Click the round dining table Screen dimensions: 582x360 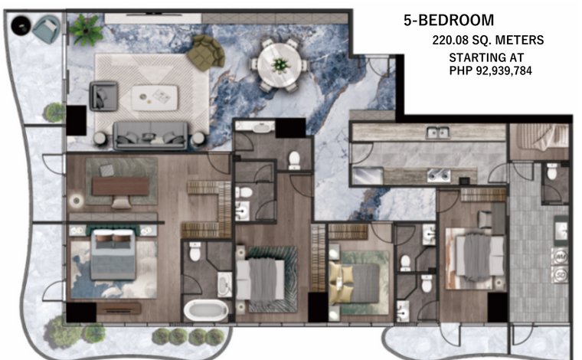pyautogui.click(x=280, y=65)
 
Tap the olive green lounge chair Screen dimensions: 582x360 pyautogui.click(x=205, y=53)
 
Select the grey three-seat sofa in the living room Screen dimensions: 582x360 pyautogui.click(x=150, y=135)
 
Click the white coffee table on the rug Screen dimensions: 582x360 pyautogui.click(x=155, y=98)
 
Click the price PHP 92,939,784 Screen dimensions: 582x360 pyautogui.click(x=490, y=70)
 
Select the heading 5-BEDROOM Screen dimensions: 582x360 pyautogui.click(x=449, y=20)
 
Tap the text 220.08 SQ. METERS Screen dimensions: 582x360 pyautogui.click(x=488, y=40)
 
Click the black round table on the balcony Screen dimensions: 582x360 pyautogui.click(x=21, y=25)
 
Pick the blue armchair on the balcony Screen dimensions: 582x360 pyautogui.click(x=46, y=29)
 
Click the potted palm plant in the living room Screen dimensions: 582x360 pyautogui.click(x=86, y=30)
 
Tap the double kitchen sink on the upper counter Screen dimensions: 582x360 pyautogui.click(x=438, y=133)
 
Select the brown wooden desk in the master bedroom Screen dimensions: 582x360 pyautogui.click(x=120, y=186)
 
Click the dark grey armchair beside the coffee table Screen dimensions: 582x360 pyautogui.click(x=103, y=96)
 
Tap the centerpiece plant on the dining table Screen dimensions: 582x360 pyautogui.click(x=280, y=65)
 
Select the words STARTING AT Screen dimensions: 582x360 pyautogui.click(x=486, y=57)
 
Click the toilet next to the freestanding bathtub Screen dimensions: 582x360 pyautogui.click(x=195, y=251)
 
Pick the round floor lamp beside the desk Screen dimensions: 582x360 pyautogui.click(x=77, y=201)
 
